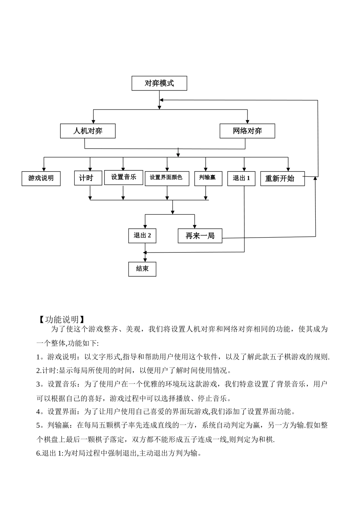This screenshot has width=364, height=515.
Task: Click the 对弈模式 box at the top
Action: pos(159,83)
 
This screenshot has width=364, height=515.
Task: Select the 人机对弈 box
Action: pos(88,131)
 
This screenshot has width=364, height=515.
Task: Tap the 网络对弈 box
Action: pos(247,131)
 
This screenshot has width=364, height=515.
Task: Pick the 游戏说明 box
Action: pos(41,178)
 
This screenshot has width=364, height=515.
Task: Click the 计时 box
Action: pos(88,178)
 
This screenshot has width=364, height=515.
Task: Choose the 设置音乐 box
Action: pos(123,177)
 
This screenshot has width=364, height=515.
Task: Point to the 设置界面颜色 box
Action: pos(167,178)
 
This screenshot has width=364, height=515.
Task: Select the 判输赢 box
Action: pos(208,178)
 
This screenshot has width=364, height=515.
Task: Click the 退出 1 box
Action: pos(241,178)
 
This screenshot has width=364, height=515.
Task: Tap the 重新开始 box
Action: pos(282,179)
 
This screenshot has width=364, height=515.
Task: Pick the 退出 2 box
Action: pos(142,235)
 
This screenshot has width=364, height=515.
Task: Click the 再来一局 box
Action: pos(200,236)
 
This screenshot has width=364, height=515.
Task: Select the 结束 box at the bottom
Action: pos(142,269)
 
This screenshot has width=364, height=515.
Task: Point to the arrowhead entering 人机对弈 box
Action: pos(93,121)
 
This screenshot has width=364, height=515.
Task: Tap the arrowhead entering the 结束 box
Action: pos(144,259)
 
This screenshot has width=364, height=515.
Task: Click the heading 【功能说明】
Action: pos(62,319)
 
